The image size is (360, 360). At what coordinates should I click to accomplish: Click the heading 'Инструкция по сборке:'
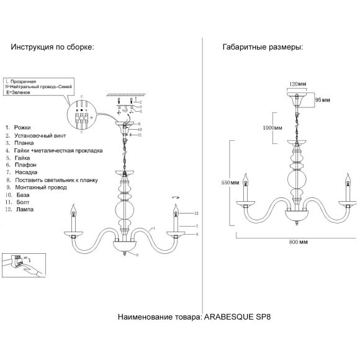[x=51, y=47]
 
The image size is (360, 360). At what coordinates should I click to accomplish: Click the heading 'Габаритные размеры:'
[x=263, y=47]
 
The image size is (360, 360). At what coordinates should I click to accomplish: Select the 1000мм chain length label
[x=274, y=128]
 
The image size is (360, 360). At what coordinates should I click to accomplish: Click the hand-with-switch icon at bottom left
[x=22, y=264]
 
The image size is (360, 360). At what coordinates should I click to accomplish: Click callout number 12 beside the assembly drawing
[x=195, y=213]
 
